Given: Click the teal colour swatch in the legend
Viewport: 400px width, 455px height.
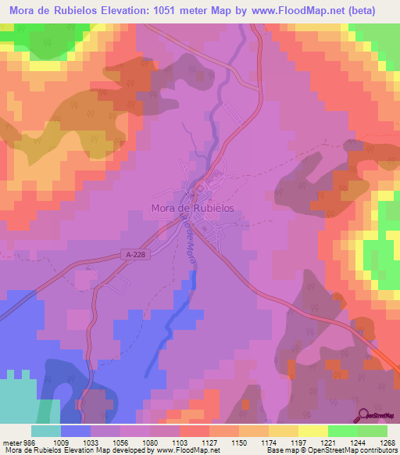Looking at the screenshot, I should (x=46, y=430).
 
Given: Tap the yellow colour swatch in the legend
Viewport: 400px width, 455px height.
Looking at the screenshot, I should (x=312, y=430).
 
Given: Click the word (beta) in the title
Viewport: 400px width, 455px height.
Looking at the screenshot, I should (x=359, y=11).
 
